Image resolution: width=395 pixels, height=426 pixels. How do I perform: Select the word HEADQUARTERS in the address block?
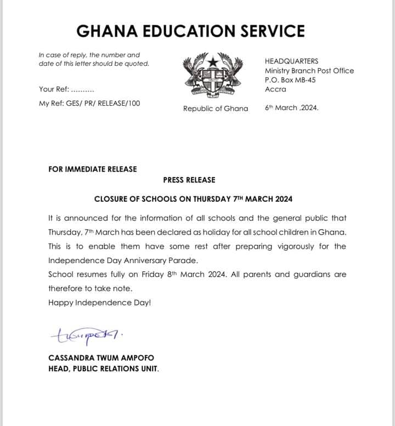[x=291, y=61]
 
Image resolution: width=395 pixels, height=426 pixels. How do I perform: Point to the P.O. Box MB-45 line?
[x=290, y=80]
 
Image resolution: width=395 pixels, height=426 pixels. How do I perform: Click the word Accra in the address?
[x=275, y=89]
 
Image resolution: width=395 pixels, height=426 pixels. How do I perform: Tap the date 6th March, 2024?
[x=291, y=107]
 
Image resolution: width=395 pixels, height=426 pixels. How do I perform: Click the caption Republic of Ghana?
[x=216, y=109]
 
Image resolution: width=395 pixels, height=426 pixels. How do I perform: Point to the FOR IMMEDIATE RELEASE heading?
[x=93, y=169]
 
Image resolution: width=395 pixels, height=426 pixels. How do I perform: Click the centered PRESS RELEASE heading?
[x=189, y=180]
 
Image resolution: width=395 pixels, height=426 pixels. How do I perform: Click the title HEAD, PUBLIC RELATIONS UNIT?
[x=103, y=368]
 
